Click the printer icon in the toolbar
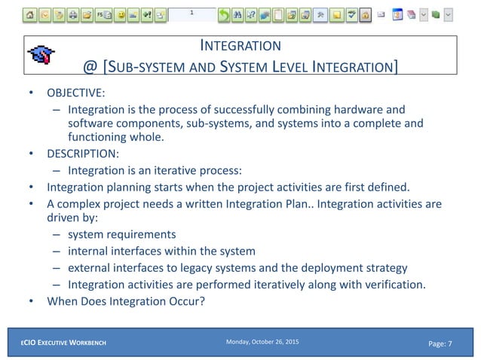(x=72, y=14)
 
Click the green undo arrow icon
(x=224, y=14)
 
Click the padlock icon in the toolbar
(x=365, y=14)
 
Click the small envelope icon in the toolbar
(x=381, y=14)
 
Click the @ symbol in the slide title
(x=90, y=68)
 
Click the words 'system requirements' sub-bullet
(x=121, y=234)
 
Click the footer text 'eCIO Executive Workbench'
(x=63, y=343)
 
